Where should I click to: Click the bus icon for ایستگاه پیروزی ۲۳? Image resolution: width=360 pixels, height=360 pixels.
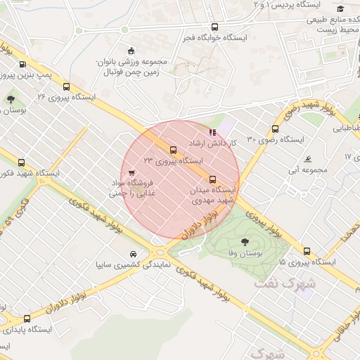[x=173, y=149]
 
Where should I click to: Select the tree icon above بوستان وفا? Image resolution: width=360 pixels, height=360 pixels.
[x=244, y=240]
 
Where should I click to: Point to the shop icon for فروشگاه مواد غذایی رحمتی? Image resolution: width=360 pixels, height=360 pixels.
[x=131, y=172]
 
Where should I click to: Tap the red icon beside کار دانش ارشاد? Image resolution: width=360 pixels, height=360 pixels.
[x=212, y=131]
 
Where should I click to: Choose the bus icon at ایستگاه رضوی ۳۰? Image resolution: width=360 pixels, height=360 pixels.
[x=275, y=129]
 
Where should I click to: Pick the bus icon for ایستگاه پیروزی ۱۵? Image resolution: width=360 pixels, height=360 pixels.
[x=306, y=251]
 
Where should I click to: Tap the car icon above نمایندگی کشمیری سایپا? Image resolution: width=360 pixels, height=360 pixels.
[x=133, y=254]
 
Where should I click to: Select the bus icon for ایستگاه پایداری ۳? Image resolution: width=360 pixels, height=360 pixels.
[x=27, y=318]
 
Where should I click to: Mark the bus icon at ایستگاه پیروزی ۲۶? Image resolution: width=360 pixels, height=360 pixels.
[x=66, y=87]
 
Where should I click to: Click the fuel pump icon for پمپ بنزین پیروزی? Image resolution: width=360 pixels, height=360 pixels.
[x=22, y=64]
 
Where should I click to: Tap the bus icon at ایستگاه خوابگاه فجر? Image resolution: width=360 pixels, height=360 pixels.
[x=214, y=27]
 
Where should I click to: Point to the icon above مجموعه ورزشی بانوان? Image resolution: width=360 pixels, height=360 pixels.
[x=131, y=50]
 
